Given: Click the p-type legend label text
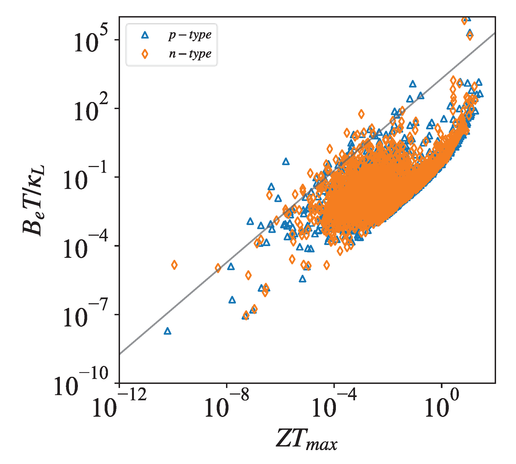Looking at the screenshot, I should click(190, 35).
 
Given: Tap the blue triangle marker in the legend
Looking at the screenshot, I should click(145, 35).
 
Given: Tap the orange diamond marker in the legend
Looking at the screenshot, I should click(145, 54).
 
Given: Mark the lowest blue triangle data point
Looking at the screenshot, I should click(168, 331).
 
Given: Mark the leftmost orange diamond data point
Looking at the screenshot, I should click(174, 265).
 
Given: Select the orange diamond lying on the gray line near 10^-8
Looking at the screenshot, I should click(218, 268).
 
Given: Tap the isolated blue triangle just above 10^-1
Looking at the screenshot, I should click(286, 162).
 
